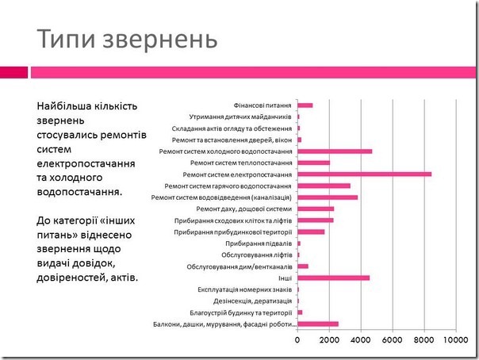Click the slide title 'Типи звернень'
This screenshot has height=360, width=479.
127,38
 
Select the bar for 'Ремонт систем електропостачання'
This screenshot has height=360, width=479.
364,174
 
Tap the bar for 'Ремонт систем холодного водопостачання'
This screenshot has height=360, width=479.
334,151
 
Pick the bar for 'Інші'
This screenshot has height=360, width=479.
333,278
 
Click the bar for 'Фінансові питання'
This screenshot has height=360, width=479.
305,105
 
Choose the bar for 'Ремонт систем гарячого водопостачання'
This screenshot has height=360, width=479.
324,186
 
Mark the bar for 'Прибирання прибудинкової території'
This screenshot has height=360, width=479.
311,232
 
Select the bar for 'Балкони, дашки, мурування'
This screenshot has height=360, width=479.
317,324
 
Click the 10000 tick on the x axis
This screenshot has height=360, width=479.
455,341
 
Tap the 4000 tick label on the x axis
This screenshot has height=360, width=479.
360,341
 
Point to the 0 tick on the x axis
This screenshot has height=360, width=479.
297,341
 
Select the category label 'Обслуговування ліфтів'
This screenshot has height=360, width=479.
255,255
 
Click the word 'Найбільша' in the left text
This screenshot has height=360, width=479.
63,105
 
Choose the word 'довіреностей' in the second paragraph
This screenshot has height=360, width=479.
72,278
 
